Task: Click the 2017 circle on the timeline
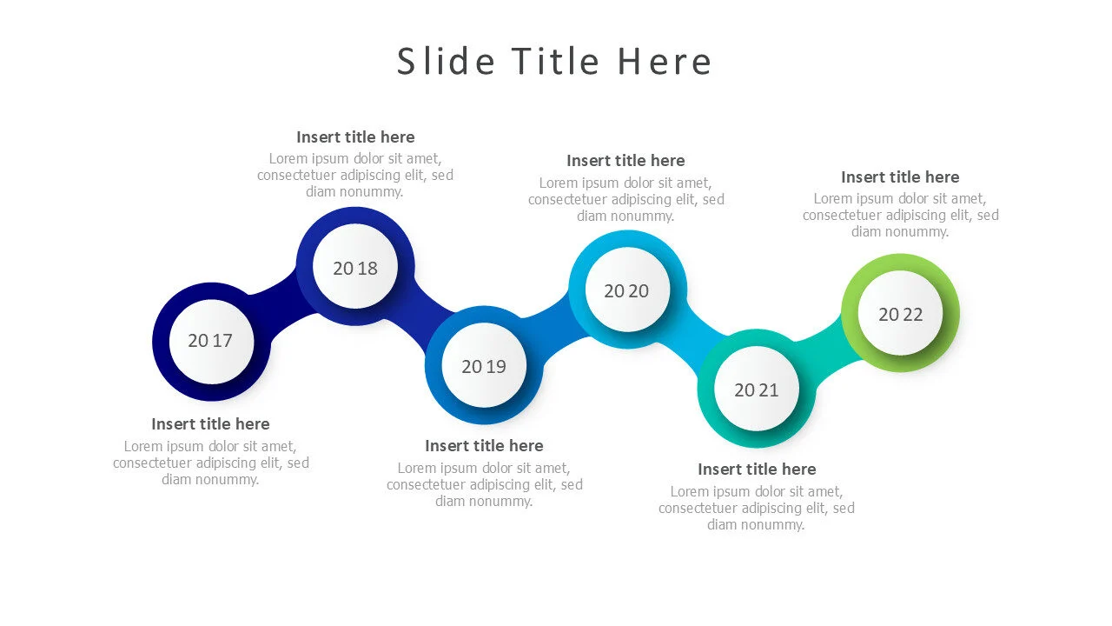tap(210, 341)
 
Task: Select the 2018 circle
tap(355, 268)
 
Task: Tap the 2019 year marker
tap(484, 366)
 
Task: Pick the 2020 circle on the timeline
tap(626, 291)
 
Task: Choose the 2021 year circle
tap(757, 390)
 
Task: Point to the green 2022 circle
tap(900, 314)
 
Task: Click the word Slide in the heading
tap(446, 62)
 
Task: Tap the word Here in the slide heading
tap(665, 62)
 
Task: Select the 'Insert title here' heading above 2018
tap(355, 137)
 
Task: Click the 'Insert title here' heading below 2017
tap(210, 423)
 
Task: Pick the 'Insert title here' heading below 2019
tap(484, 445)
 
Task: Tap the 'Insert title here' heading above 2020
tap(625, 160)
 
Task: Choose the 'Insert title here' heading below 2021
tap(757, 469)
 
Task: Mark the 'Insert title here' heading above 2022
tap(900, 176)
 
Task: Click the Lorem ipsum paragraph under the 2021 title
tap(757, 508)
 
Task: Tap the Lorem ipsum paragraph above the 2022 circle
tap(900, 215)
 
